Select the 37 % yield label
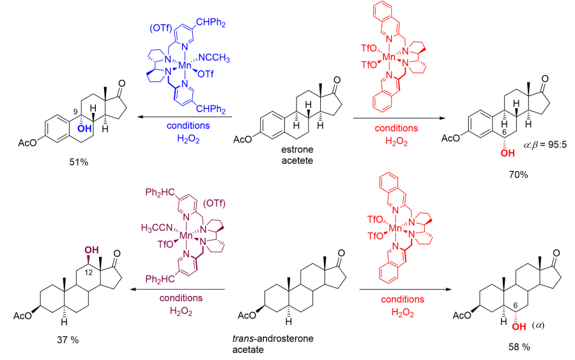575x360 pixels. pyautogui.click(x=66, y=340)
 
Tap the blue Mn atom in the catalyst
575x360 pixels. pyautogui.click(x=185, y=65)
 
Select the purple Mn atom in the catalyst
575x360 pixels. pyautogui.click(x=186, y=235)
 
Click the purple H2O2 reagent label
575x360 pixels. pyautogui.click(x=183, y=311)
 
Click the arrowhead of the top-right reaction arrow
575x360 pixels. pyautogui.click(x=441, y=118)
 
